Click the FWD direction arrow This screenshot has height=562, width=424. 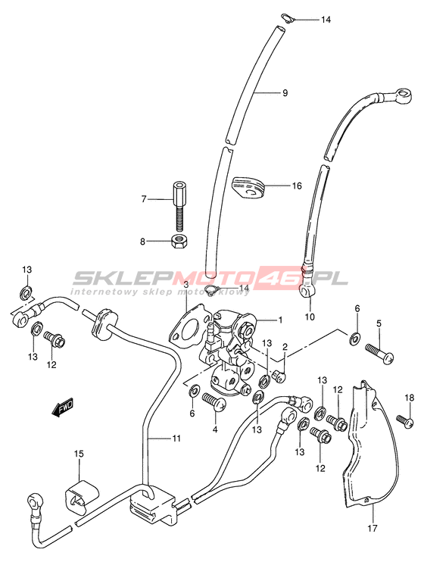(x=63, y=408)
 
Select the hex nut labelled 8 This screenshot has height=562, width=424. (x=178, y=241)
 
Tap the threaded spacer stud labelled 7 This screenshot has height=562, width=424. (x=178, y=207)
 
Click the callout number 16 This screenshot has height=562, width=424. (x=296, y=186)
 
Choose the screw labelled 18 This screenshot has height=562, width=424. (x=405, y=420)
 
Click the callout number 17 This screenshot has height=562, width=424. (x=373, y=528)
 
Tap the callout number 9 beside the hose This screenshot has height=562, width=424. (x=285, y=93)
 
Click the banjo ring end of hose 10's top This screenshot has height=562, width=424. (x=401, y=96)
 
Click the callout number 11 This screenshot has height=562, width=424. (x=176, y=439)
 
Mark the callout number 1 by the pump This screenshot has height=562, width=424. (x=280, y=320)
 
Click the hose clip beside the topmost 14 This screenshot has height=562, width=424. (x=286, y=19)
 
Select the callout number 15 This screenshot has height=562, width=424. (x=79, y=454)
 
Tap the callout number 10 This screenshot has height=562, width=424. (x=310, y=317)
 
